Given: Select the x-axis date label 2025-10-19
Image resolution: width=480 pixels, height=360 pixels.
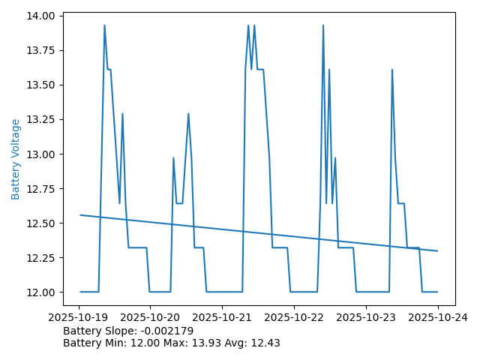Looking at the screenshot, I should click(80, 317).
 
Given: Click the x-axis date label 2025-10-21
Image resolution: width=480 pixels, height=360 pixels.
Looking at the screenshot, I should click(222, 317).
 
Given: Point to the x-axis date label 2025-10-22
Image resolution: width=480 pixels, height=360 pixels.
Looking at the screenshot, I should click(294, 317).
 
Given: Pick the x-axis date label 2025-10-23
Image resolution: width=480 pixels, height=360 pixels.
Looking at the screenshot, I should click(366, 317).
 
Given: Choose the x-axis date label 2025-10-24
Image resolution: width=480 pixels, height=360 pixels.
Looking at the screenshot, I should click(437, 317).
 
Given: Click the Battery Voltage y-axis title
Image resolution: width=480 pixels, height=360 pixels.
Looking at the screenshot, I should click(16, 159).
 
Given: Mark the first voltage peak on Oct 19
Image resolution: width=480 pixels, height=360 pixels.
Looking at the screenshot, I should click(104, 25).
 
